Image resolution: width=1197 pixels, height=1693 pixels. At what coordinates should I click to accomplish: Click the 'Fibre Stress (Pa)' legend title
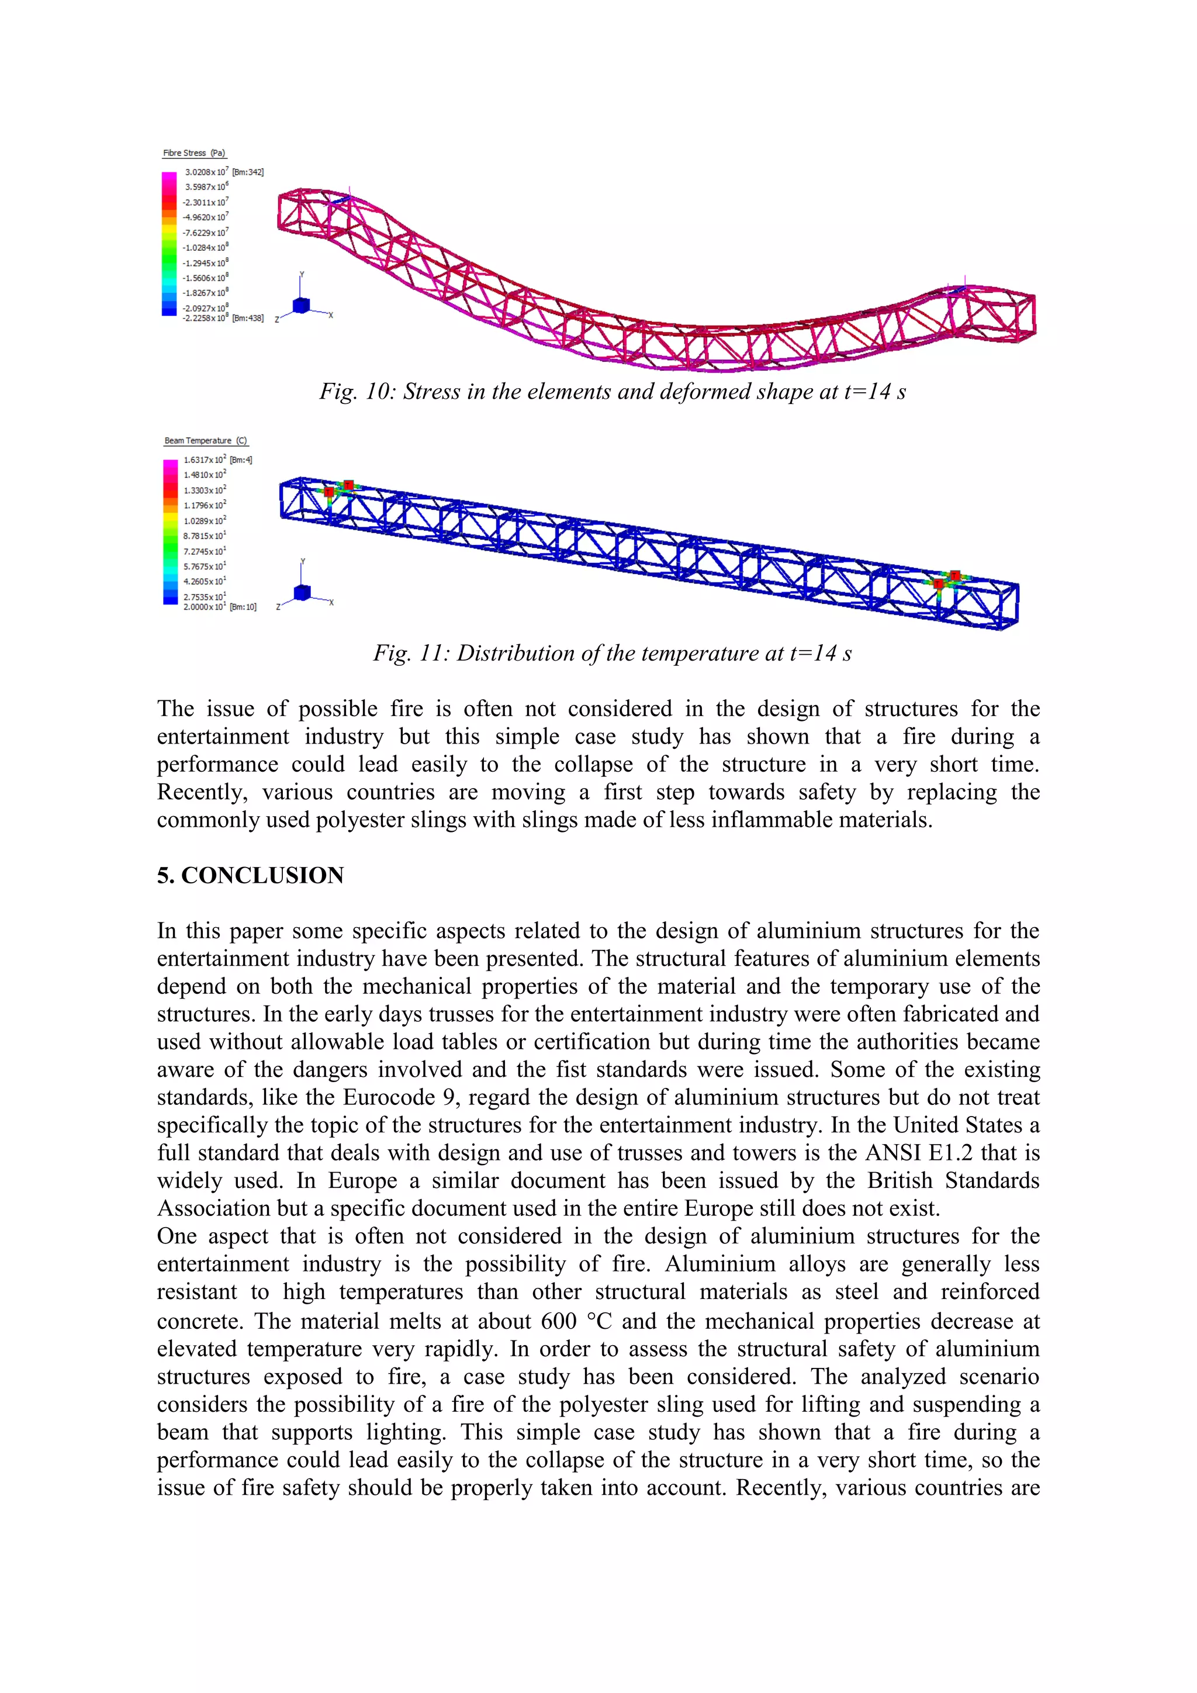click(x=194, y=153)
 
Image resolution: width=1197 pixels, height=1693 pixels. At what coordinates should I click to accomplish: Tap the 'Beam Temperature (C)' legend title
click(x=206, y=441)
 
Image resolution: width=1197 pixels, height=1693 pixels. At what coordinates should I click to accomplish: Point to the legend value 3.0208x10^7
click(x=206, y=172)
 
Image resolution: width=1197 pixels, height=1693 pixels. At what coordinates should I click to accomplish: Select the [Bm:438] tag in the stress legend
click(x=248, y=319)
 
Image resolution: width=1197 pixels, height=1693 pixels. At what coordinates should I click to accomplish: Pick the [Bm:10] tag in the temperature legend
click(x=243, y=607)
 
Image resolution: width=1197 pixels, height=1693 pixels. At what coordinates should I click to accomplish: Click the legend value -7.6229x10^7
click(x=206, y=232)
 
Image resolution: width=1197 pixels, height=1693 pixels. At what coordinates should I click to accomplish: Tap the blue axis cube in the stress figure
click(x=301, y=305)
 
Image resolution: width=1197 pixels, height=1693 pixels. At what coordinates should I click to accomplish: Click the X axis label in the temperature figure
click(x=331, y=603)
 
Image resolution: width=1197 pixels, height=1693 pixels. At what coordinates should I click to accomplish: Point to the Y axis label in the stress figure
click(x=302, y=274)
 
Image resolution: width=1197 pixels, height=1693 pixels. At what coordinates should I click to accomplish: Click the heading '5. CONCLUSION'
click(x=251, y=875)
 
